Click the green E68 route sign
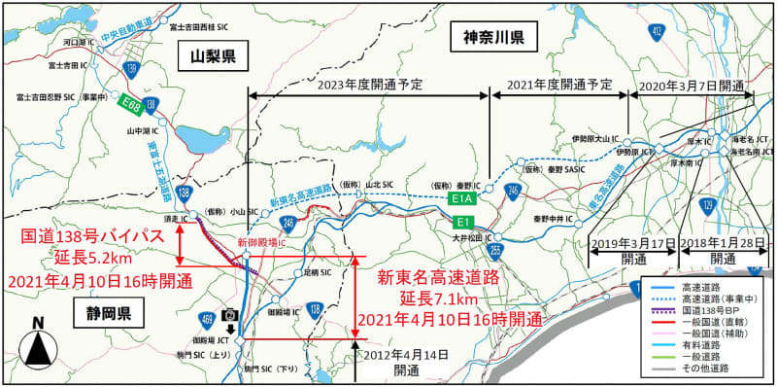click(x=130, y=100)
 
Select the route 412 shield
click(x=658, y=32)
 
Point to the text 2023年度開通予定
click(x=370, y=85)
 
